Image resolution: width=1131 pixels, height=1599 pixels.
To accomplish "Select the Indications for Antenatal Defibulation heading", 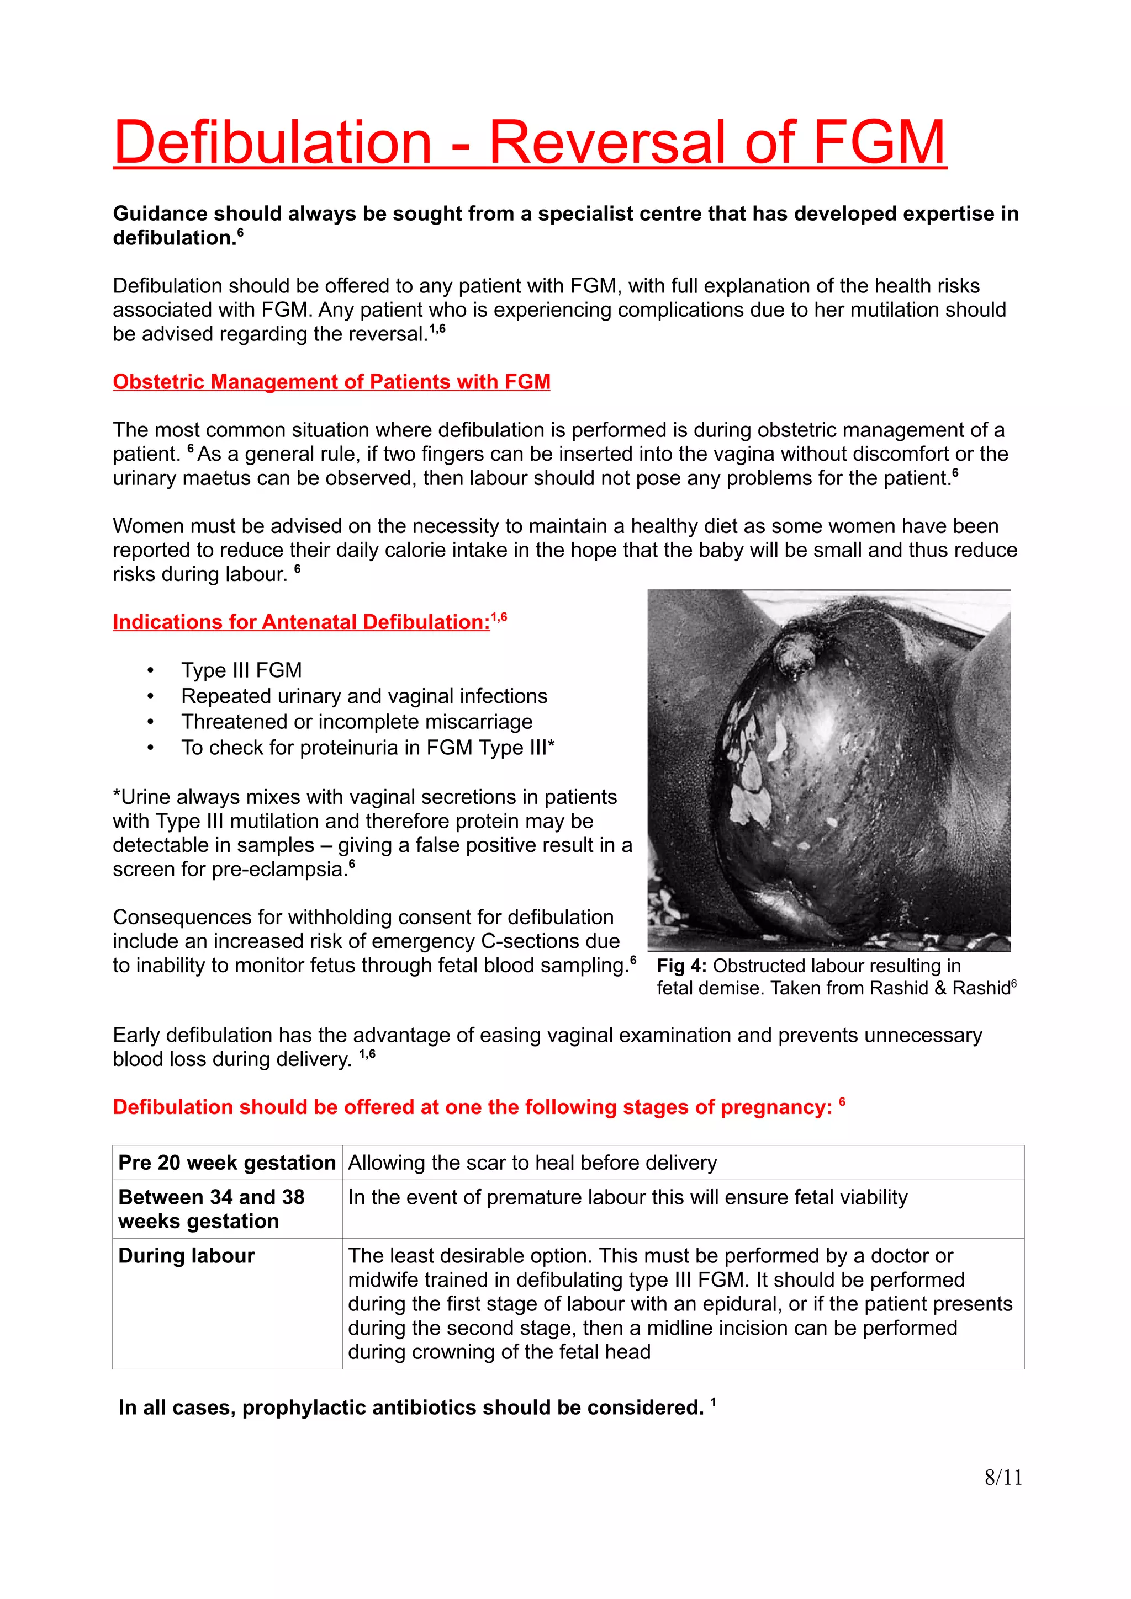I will tap(301, 622).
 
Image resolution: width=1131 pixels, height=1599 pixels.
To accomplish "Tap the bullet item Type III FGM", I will tap(241, 670).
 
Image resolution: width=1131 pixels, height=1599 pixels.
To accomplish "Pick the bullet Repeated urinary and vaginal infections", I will tap(364, 696).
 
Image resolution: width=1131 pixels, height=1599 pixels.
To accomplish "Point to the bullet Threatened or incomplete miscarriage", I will tap(356, 722).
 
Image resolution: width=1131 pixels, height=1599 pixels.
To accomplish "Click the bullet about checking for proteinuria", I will tap(367, 747).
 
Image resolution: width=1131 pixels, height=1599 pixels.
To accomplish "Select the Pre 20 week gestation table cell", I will tap(226, 1163).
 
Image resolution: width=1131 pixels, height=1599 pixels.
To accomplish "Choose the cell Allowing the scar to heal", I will tap(532, 1163).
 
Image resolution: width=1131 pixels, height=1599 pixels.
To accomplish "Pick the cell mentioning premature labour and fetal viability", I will tap(627, 1197).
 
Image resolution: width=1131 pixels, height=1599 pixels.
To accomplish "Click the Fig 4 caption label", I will tap(681, 966).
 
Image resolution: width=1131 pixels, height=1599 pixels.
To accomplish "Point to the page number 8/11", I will tap(1003, 1477).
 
